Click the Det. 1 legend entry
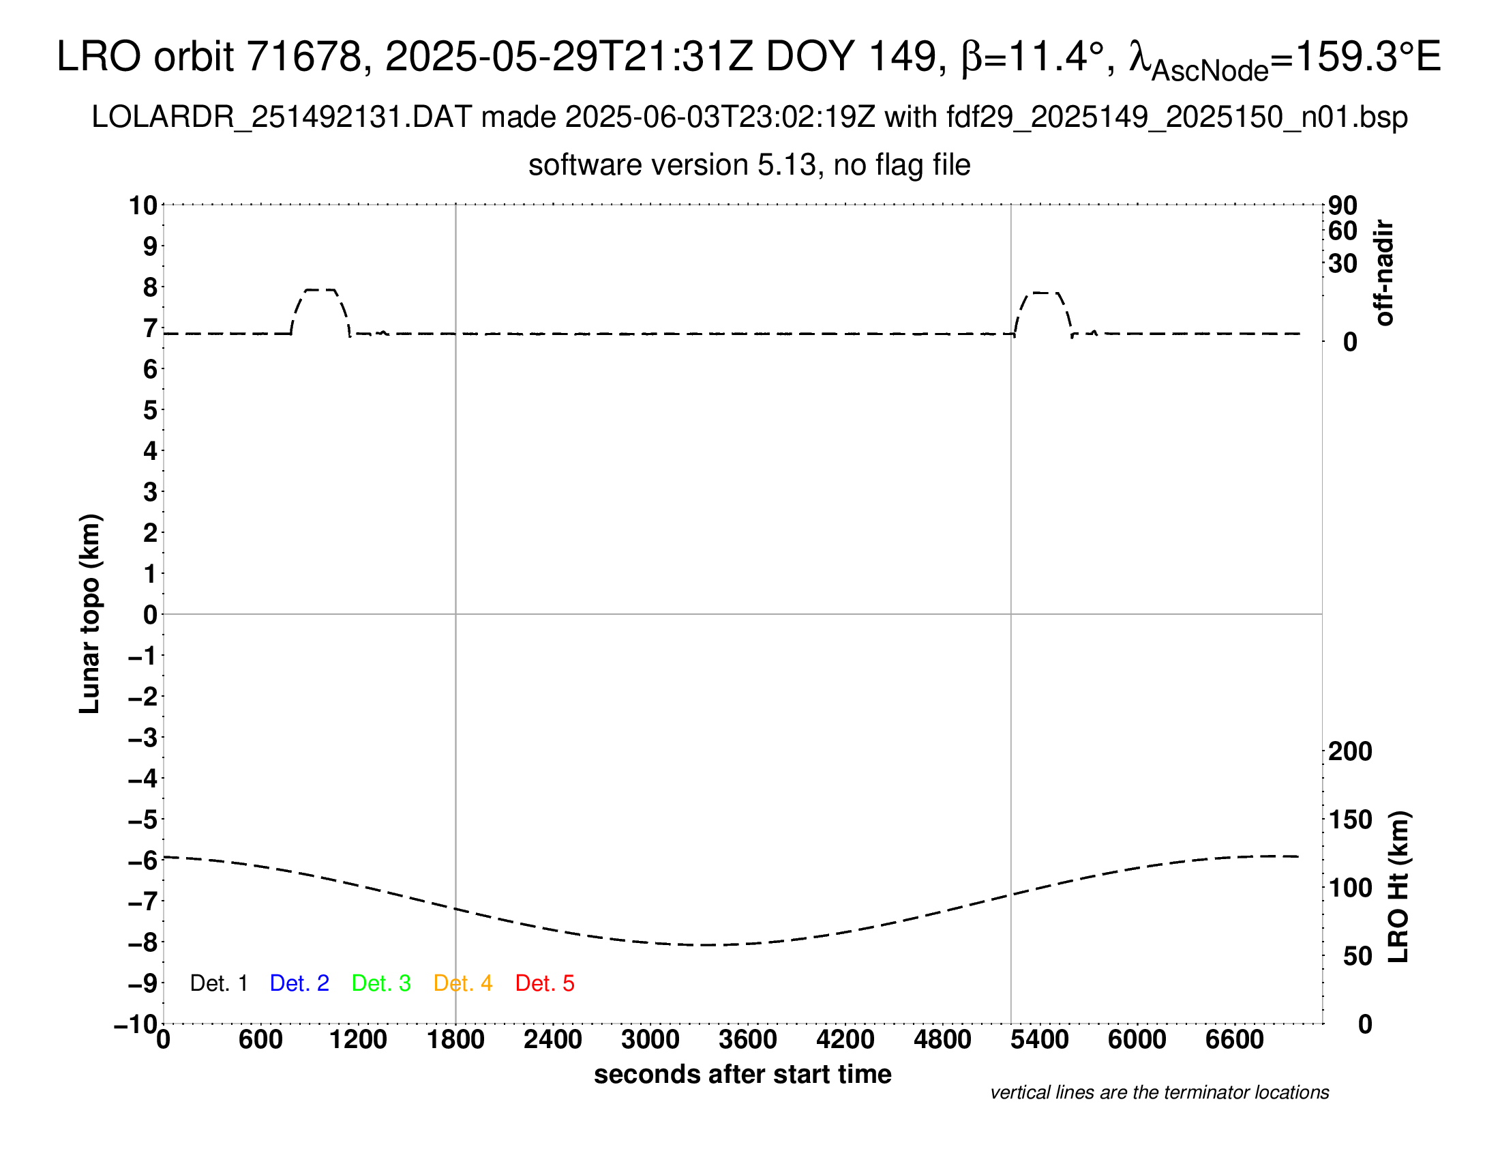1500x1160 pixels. (x=218, y=983)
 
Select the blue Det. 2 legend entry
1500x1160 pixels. (x=299, y=983)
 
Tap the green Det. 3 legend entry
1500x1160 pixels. (x=381, y=983)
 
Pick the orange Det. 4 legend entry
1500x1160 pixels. (x=463, y=983)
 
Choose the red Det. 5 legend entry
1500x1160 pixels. (x=545, y=983)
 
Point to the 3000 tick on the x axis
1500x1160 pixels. (x=650, y=1039)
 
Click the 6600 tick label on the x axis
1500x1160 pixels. (x=1234, y=1039)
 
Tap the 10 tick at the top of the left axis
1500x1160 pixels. (x=144, y=205)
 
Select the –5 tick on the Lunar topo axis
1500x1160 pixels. (x=143, y=820)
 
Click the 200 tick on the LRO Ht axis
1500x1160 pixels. (x=1349, y=751)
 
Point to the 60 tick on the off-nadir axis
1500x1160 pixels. (x=1342, y=231)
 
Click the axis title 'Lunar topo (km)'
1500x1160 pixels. (x=90, y=613)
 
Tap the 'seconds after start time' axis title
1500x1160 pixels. (x=742, y=1074)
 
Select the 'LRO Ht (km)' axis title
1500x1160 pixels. (x=1398, y=886)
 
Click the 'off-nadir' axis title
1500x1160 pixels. (x=1384, y=273)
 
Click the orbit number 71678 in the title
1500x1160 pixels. (x=304, y=57)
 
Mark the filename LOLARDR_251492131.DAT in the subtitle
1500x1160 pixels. (x=282, y=117)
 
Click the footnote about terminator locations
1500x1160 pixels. (x=1159, y=1092)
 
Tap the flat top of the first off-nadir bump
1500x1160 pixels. (x=320, y=290)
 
